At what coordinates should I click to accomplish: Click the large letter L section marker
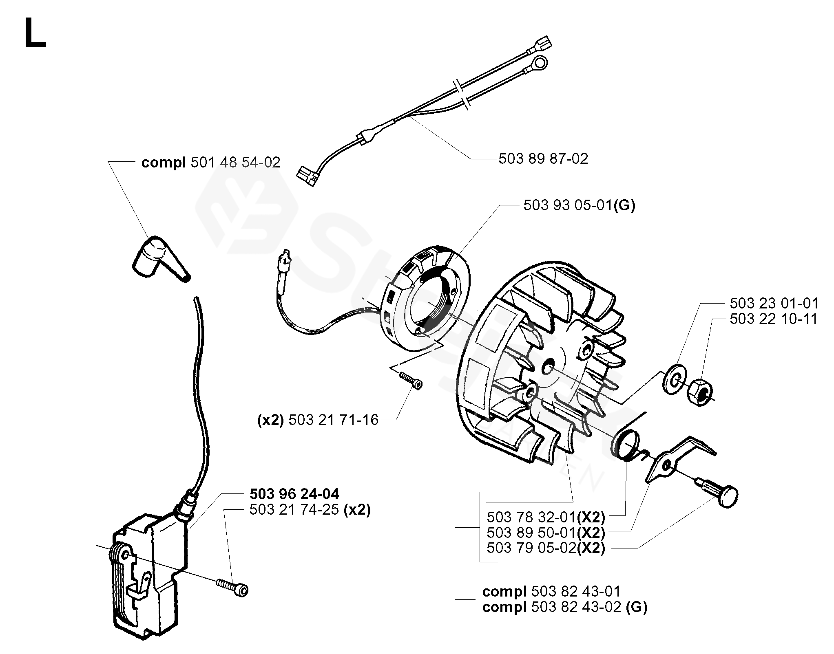[x=35, y=34]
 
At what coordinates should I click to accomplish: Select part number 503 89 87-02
[x=543, y=159]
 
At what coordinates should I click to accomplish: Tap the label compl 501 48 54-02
[x=210, y=163]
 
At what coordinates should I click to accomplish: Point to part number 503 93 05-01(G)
[x=579, y=205]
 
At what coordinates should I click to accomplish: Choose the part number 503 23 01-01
[x=774, y=304]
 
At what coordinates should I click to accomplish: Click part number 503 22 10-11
[x=774, y=319]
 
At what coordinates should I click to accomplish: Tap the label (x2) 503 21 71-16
[x=318, y=420]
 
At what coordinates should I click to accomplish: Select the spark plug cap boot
[x=159, y=257]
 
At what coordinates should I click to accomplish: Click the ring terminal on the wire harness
[x=540, y=63]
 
